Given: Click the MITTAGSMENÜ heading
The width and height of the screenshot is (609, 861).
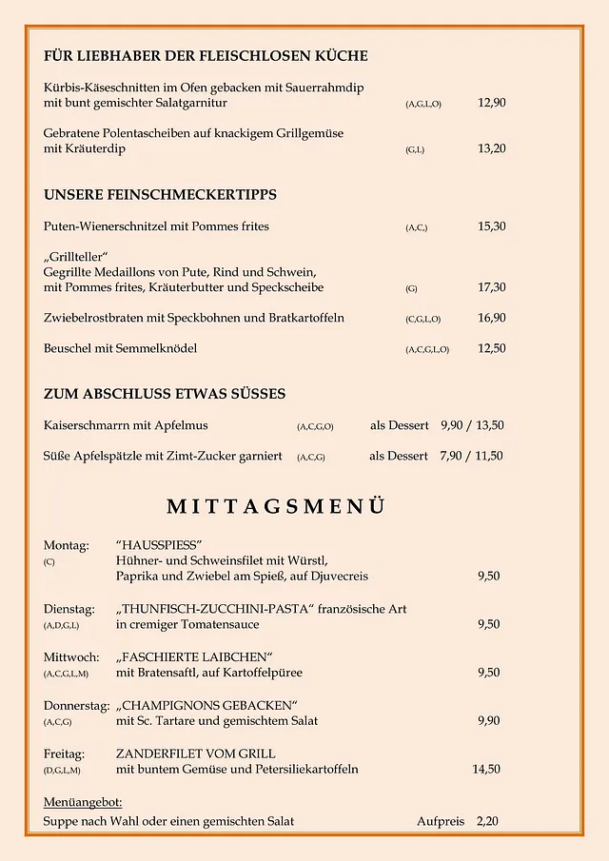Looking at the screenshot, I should (x=276, y=505).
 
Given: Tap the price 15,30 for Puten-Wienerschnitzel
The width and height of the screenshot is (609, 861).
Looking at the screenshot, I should (x=491, y=226).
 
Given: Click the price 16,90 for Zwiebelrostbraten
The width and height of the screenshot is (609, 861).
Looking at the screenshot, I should (x=491, y=318).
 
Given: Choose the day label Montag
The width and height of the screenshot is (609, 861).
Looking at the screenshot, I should (x=66, y=545).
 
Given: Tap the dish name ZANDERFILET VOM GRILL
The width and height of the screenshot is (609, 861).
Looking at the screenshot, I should (x=196, y=753).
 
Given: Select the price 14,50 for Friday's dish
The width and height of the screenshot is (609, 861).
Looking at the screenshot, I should (x=486, y=769).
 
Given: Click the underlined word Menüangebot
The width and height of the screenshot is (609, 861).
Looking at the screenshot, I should (x=83, y=802).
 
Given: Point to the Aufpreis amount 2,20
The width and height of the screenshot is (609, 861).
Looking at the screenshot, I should (x=487, y=820).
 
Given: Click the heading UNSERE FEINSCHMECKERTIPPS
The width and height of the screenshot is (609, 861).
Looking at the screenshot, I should (x=160, y=195).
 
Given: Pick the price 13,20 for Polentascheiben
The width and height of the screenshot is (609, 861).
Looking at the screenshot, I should (x=491, y=148).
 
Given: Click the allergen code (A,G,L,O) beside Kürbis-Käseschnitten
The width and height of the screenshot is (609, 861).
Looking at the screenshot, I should (x=423, y=104).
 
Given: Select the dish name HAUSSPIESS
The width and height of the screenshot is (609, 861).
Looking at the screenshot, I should (x=160, y=545).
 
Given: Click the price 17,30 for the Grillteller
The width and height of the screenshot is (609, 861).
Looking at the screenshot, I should (x=491, y=287).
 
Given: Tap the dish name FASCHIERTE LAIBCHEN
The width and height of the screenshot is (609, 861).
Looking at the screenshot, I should (x=195, y=656).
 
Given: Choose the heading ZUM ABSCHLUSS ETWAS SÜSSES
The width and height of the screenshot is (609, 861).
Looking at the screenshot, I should (x=165, y=394).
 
